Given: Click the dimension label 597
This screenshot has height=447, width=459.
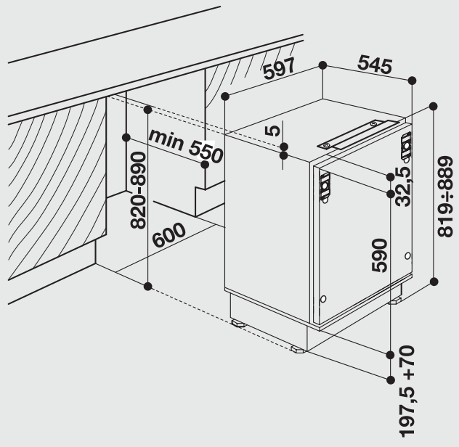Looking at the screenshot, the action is (x=279, y=68).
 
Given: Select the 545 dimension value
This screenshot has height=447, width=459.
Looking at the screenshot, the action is (x=375, y=65).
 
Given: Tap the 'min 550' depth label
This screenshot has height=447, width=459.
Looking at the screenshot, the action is (x=186, y=146).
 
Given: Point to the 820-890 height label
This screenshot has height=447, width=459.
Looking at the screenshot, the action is (x=138, y=190).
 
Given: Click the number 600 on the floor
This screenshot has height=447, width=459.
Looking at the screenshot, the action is (x=169, y=234).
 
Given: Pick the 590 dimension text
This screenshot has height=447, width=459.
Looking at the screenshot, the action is (x=379, y=255).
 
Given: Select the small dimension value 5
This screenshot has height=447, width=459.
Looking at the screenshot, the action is (x=272, y=131).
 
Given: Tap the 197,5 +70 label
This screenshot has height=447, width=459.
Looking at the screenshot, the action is (x=407, y=391).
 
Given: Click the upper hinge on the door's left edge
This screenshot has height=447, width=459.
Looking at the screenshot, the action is (x=325, y=186).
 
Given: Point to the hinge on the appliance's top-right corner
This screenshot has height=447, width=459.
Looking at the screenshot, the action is (x=406, y=147).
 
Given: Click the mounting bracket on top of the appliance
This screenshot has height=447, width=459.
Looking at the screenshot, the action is (x=357, y=135).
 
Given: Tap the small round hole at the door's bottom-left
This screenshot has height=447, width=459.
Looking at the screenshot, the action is (x=323, y=299).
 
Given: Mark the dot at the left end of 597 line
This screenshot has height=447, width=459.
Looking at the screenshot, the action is (x=225, y=96).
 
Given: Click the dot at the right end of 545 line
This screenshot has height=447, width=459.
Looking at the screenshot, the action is (x=412, y=80).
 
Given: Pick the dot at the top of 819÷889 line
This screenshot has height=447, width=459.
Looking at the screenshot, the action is (x=434, y=106).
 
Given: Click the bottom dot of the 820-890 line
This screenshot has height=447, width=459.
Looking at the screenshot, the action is (x=148, y=286).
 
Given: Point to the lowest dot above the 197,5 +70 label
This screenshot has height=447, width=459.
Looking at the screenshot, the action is (x=390, y=380).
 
